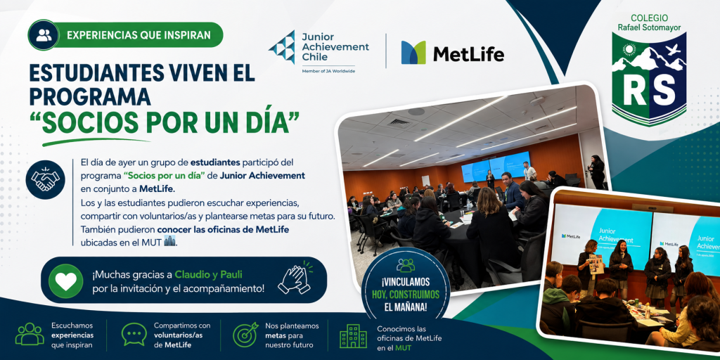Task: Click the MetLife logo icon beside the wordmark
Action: click(413, 52)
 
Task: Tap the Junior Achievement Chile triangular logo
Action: click(282, 47)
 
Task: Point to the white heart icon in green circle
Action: click(65, 281)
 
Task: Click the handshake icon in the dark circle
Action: click(45, 179)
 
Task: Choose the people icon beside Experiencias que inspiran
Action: click(44, 35)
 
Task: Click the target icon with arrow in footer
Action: click(245, 334)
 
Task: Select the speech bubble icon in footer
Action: click(134, 334)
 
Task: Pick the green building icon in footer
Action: click(353, 336)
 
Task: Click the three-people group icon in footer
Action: click(30, 334)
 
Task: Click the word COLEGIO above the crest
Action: click(649, 18)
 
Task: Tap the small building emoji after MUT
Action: click(170, 242)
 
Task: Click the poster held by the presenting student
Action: click(596, 264)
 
